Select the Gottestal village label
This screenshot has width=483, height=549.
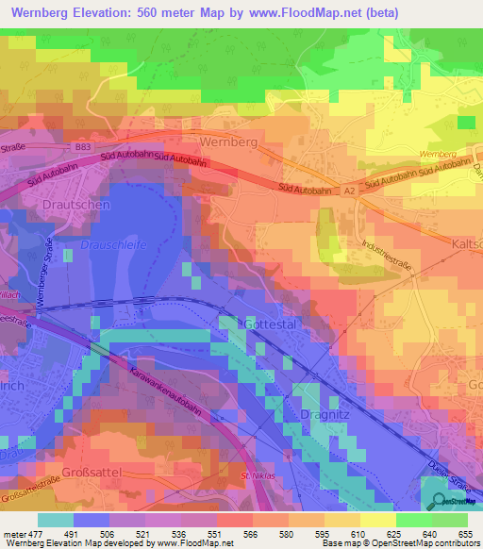[272, 323]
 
